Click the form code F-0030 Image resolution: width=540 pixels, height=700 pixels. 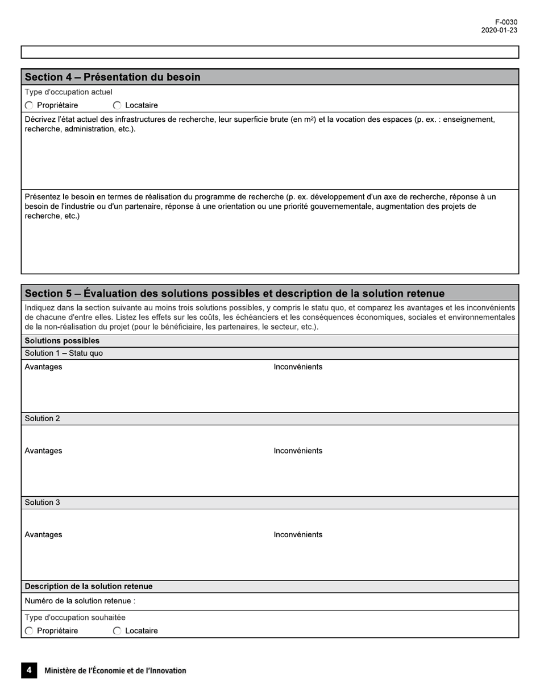[506, 22]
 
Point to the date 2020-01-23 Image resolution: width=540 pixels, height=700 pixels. [499, 31]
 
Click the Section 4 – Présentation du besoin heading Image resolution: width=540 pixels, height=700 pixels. [113, 77]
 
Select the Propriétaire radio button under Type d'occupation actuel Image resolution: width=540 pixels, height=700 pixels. [30, 105]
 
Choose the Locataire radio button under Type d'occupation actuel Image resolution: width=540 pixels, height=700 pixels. [117, 105]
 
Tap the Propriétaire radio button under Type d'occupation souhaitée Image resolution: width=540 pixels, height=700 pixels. [30, 631]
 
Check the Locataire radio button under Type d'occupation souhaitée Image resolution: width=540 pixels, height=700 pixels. [117, 631]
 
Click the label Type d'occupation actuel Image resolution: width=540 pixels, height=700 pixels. [68, 92]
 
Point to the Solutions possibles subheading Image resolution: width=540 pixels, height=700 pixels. [62, 341]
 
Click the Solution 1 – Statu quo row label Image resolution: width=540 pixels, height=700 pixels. [64, 353]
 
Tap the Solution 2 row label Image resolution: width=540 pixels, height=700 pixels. [42, 419]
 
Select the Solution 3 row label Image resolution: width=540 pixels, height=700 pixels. [42, 503]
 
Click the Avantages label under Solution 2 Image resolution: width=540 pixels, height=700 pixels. [43, 451]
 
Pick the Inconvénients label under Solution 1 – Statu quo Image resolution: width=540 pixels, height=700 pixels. [298, 367]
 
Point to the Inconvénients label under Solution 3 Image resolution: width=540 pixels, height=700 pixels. [298, 535]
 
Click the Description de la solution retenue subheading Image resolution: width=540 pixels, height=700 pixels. [88, 586]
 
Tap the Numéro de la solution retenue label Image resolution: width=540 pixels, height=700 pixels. [80, 602]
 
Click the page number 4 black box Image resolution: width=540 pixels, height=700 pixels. [29, 670]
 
